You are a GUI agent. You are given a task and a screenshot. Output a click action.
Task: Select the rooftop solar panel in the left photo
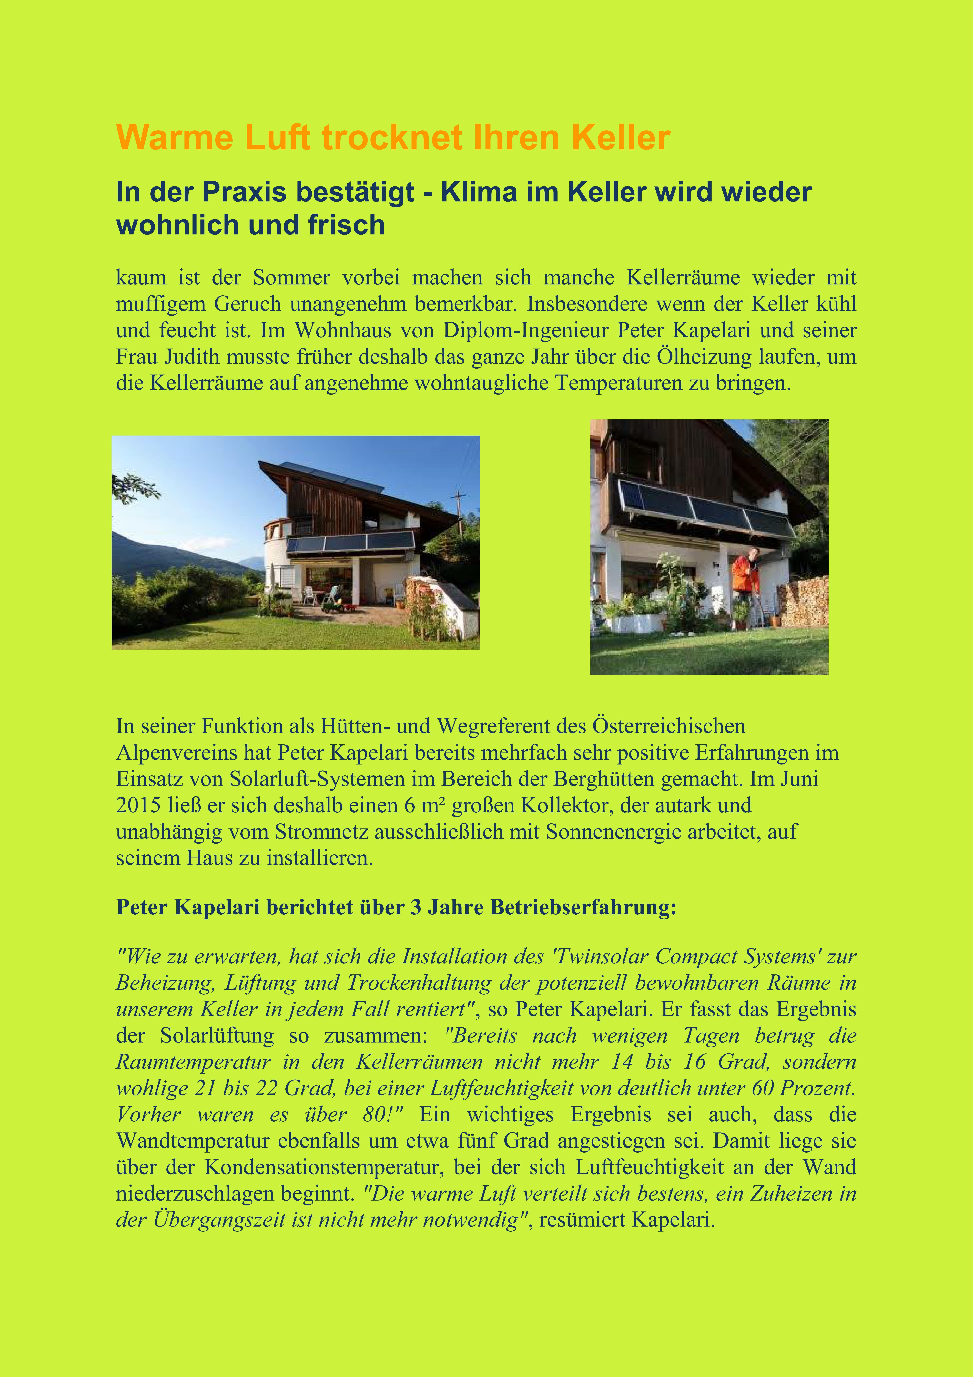point(333,476)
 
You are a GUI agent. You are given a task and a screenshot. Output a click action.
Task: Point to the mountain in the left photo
point(162,555)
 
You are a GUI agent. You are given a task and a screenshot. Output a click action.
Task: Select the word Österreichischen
point(668,726)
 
